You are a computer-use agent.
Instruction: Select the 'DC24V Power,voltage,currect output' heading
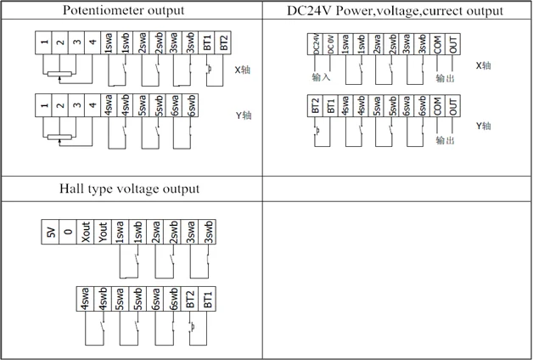396,11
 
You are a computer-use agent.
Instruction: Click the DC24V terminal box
317,45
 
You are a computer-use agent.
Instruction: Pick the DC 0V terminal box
331,45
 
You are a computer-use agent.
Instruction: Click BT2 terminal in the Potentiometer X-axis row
224,43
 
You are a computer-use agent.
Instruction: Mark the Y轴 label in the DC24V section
484,126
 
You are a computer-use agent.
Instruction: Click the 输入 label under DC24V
321,78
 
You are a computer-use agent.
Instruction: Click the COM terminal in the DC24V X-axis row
437,45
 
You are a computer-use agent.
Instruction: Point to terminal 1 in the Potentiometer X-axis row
43,43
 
